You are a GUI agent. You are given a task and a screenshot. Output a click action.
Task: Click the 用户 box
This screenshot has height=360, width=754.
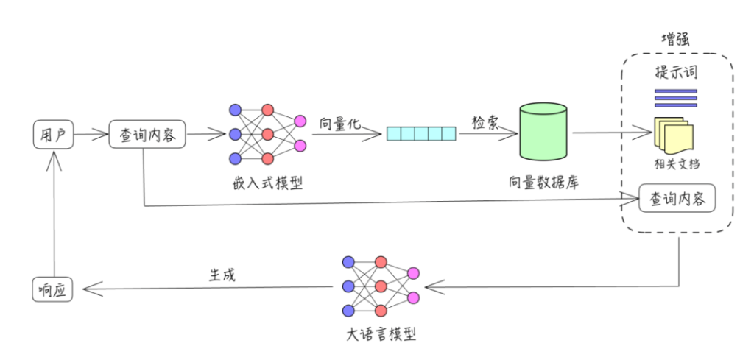pyautogui.click(x=54, y=135)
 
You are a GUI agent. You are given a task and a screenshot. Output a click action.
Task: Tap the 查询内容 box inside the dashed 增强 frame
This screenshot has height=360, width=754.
pyautogui.click(x=677, y=199)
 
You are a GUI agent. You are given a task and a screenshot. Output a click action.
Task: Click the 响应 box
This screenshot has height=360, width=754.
pyautogui.click(x=54, y=290)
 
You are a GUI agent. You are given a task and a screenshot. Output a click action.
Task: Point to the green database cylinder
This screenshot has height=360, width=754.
pyautogui.click(x=543, y=133)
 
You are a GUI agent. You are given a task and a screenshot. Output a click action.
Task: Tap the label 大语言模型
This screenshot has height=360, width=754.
pyautogui.click(x=380, y=334)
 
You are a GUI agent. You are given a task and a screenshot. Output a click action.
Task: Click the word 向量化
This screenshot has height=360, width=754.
pyautogui.click(x=340, y=122)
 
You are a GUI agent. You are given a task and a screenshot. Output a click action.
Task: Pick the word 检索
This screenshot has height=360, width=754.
pyautogui.click(x=485, y=122)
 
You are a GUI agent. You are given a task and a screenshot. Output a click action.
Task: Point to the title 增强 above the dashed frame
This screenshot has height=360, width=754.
pyautogui.click(x=677, y=38)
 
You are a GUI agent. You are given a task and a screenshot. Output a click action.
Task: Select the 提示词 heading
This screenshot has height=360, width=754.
pyautogui.click(x=676, y=74)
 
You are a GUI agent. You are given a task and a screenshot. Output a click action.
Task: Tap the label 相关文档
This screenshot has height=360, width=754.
pyautogui.click(x=676, y=164)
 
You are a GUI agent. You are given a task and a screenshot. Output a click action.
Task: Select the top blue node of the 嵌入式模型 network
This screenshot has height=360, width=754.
pyautogui.click(x=236, y=110)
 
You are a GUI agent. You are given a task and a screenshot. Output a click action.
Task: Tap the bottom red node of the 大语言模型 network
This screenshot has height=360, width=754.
pyautogui.click(x=381, y=310)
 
